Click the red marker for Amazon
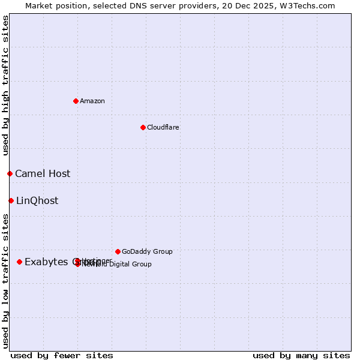point(76,101)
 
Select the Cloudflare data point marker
point(143,127)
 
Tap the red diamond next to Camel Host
point(10,173)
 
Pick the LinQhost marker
point(11,200)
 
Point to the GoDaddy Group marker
point(118,251)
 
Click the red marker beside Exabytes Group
point(19,262)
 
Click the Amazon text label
point(92,101)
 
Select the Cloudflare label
point(163,127)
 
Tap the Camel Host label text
point(43,173)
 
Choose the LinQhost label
point(37,200)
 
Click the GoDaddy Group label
point(147,251)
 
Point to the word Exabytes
point(47,262)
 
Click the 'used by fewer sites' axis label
point(62,355)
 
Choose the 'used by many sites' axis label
point(301,355)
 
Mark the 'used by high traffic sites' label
point(5,86)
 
